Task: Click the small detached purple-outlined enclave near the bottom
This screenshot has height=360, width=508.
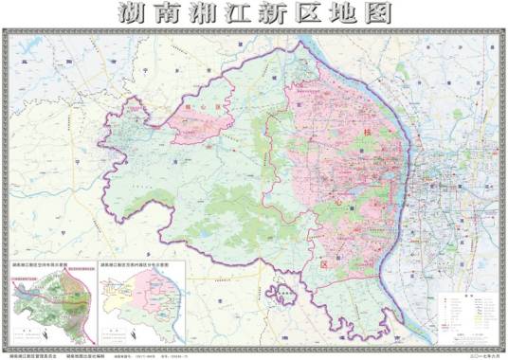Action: [281, 295]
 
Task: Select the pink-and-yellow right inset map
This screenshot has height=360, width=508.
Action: [142, 304]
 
